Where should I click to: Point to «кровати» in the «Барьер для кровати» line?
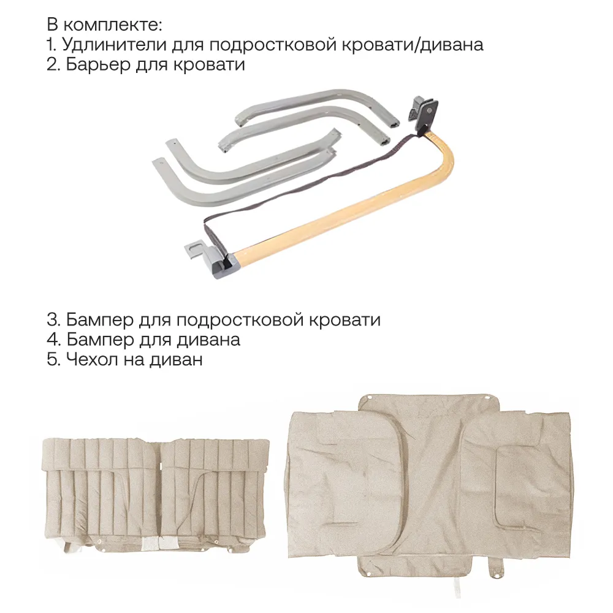pos(209,64)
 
